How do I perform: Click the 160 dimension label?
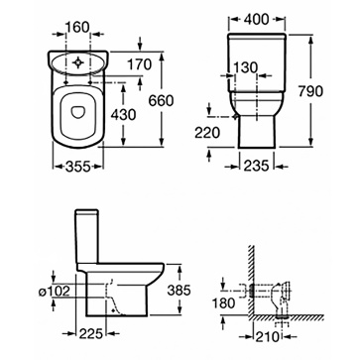77,27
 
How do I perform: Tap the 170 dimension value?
140,64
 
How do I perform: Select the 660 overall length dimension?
161,100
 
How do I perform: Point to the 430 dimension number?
123,115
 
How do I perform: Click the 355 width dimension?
78,167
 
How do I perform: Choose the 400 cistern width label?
257,20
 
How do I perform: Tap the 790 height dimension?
310,91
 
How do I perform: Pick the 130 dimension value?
245,67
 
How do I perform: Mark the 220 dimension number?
207,133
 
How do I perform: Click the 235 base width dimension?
257,166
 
